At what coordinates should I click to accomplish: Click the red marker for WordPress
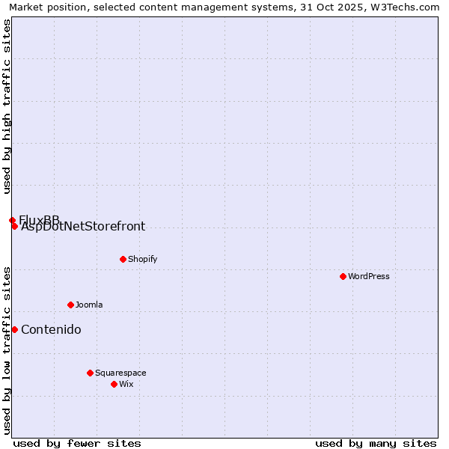pyautogui.click(x=343, y=276)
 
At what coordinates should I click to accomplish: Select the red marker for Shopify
pyautogui.click(x=123, y=259)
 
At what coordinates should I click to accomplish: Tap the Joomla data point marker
pyautogui.click(x=70, y=305)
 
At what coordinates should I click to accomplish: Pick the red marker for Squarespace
pyautogui.click(x=90, y=373)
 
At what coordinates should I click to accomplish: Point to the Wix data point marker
pyautogui.click(x=114, y=384)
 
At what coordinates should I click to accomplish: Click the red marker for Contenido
pyautogui.click(x=14, y=329)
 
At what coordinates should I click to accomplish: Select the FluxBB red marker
pyautogui.click(x=12, y=220)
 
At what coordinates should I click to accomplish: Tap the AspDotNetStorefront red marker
pyautogui.click(x=14, y=226)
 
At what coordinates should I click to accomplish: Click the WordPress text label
pyautogui.click(x=369, y=276)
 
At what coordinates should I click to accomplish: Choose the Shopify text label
pyautogui.click(x=143, y=259)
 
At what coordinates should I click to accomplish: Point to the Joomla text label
pyautogui.click(x=89, y=305)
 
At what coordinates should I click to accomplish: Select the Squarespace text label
pyautogui.click(x=120, y=373)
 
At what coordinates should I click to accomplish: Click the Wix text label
pyautogui.click(x=126, y=384)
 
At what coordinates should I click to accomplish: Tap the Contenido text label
pyautogui.click(x=51, y=330)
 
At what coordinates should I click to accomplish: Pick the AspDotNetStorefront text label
pyautogui.click(x=83, y=227)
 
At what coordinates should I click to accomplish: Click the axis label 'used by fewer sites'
pyautogui.click(x=77, y=443)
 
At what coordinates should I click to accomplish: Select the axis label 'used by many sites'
pyautogui.click(x=376, y=443)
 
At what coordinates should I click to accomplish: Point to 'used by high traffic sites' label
pyautogui.click(x=7, y=107)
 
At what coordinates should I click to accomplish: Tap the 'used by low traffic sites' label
pyautogui.click(x=7, y=350)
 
